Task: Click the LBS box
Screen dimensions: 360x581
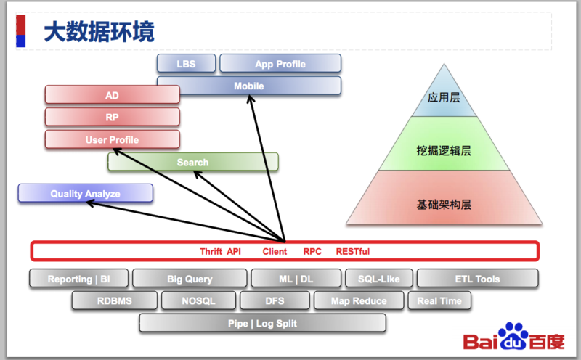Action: (185, 64)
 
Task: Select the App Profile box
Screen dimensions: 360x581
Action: (280, 64)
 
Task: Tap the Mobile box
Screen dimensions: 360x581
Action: (248, 86)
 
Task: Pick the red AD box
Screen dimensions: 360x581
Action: (112, 95)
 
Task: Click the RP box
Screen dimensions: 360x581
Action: (112, 117)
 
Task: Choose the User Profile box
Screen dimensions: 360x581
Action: (112, 139)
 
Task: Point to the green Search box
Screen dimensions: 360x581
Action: (192, 162)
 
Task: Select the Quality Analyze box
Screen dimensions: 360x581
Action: (85, 194)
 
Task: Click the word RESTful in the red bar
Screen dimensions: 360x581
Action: (352, 251)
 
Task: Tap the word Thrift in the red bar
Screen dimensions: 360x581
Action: (211, 251)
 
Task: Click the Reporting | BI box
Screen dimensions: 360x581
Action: (78, 279)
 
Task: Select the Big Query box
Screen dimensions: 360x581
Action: (190, 279)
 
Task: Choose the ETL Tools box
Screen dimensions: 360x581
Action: (477, 279)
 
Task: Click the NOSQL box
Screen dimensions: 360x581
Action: (198, 300)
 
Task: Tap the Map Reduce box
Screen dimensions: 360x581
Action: (359, 300)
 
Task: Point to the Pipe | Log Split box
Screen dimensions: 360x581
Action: (262, 323)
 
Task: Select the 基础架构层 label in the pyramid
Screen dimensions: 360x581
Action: (444, 205)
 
